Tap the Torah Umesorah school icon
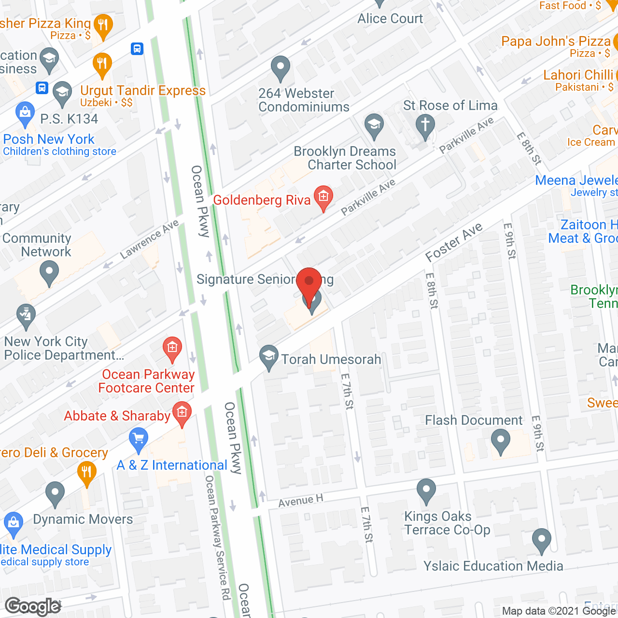[x=268, y=357]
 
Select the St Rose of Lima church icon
[x=425, y=125]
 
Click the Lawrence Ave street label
[x=149, y=239]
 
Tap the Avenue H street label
[x=300, y=501]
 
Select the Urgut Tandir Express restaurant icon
[x=102, y=64]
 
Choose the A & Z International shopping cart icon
[x=139, y=439]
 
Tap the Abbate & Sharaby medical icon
[x=182, y=413]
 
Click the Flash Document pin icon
[x=501, y=441]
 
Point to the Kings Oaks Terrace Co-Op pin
[x=426, y=491]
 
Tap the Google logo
[x=33, y=606]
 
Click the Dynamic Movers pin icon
[x=55, y=493]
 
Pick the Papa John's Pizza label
[x=556, y=42]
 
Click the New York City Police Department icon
[x=25, y=315]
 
